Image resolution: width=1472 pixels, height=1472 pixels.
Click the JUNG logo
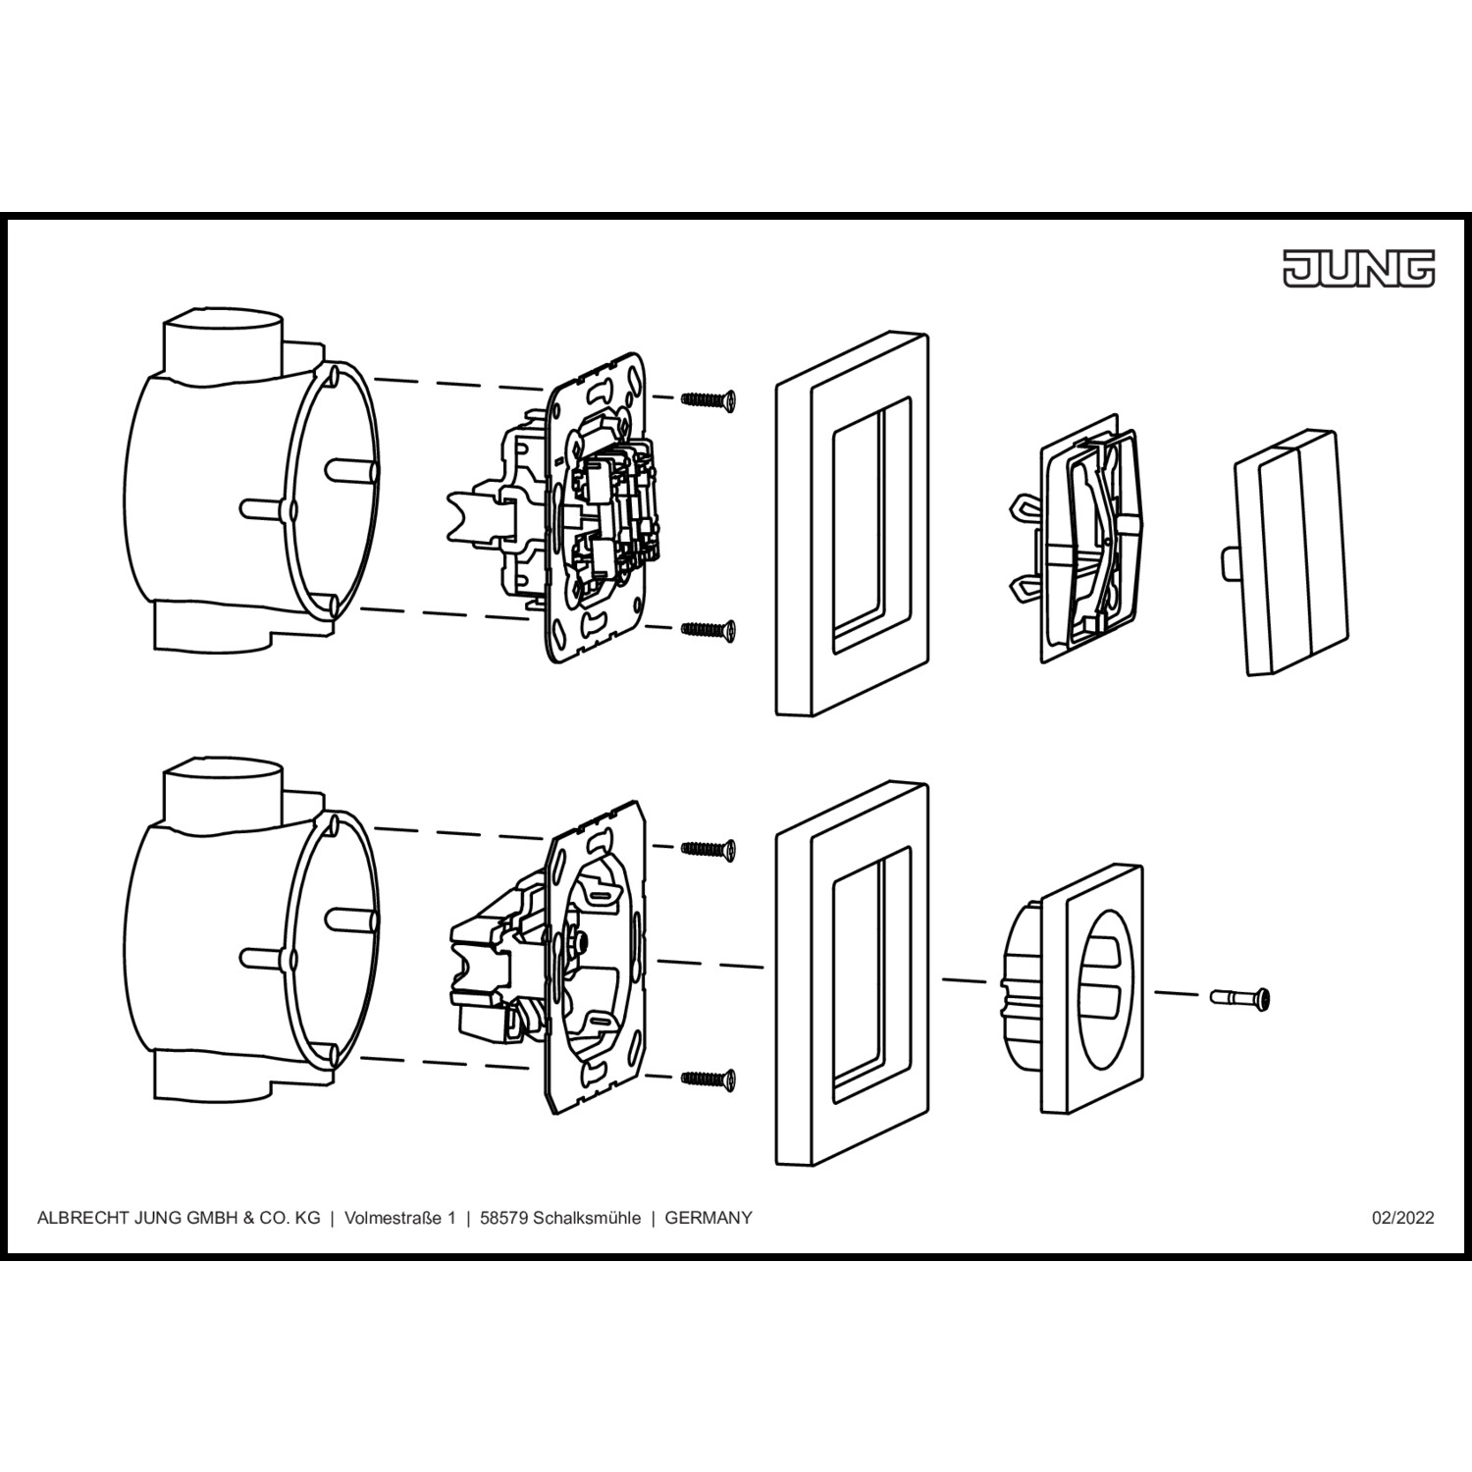tap(1359, 268)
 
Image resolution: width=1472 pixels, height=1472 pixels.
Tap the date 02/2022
tap(1402, 1218)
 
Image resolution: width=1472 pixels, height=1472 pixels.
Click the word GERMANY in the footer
tap(709, 1218)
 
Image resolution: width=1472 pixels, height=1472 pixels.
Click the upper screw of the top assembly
tap(709, 398)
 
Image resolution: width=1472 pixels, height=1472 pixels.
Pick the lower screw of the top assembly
tap(709, 628)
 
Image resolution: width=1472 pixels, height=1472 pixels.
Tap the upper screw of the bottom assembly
tap(709, 848)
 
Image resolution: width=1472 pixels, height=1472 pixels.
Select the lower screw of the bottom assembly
tap(709, 1078)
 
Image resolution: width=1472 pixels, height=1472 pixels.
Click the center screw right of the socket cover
tap(1240, 998)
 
